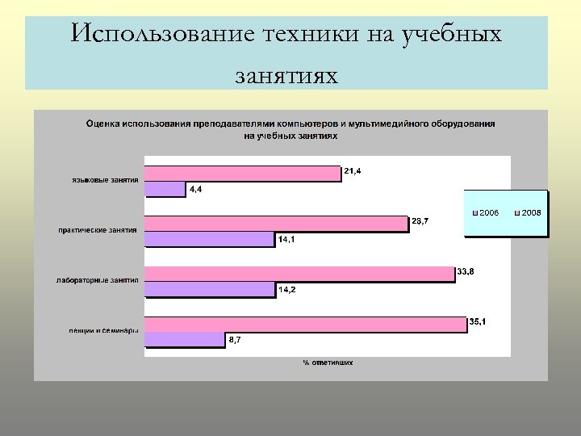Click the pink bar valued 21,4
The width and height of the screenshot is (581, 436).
[x=242, y=174]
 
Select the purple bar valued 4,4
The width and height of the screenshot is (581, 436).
[x=165, y=189]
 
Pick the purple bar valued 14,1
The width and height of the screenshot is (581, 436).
[x=210, y=239]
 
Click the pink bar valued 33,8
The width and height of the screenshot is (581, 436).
[x=299, y=274]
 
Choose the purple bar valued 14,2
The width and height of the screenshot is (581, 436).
[x=210, y=289]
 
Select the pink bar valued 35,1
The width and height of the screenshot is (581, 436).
[x=305, y=324]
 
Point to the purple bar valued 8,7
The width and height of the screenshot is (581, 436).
[x=184, y=339]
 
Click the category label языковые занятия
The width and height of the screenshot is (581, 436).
[x=102, y=180]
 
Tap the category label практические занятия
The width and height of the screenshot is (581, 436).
[x=98, y=230]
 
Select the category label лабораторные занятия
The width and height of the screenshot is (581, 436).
[x=98, y=280]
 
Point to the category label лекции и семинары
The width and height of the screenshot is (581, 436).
[x=102, y=330]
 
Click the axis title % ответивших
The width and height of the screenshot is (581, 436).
[x=328, y=363]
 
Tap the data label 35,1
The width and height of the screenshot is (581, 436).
[x=479, y=322]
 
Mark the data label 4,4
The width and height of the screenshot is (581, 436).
[x=196, y=190]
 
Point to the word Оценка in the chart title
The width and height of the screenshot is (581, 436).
[x=103, y=124]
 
